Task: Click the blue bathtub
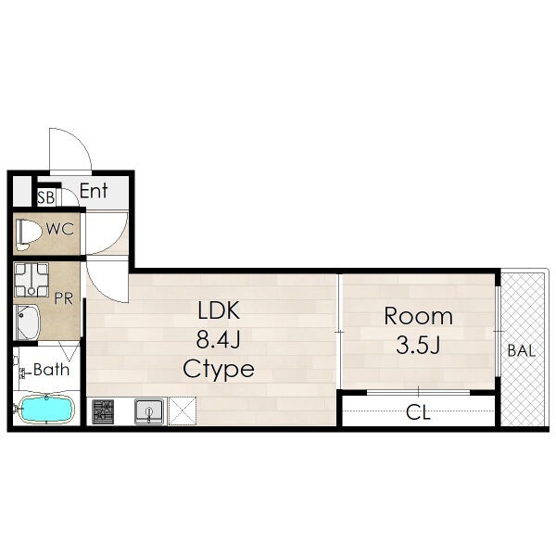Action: click(46, 410)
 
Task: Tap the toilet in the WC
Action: click(28, 234)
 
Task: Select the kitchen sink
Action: click(149, 411)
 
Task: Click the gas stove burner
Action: click(103, 411)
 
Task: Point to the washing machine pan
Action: click(32, 280)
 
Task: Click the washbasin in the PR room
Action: click(28, 322)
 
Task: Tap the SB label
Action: click(46, 197)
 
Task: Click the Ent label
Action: click(94, 191)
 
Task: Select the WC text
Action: click(60, 229)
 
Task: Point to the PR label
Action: click(64, 298)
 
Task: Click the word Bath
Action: click(51, 370)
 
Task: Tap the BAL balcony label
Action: click(521, 350)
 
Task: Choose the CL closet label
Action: click(419, 412)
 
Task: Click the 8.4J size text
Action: click(219, 340)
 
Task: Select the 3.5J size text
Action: click(419, 345)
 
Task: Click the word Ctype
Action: click(219, 370)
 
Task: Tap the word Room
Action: click(419, 316)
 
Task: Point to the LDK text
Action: click(219, 310)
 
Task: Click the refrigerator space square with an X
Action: click(183, 411)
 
